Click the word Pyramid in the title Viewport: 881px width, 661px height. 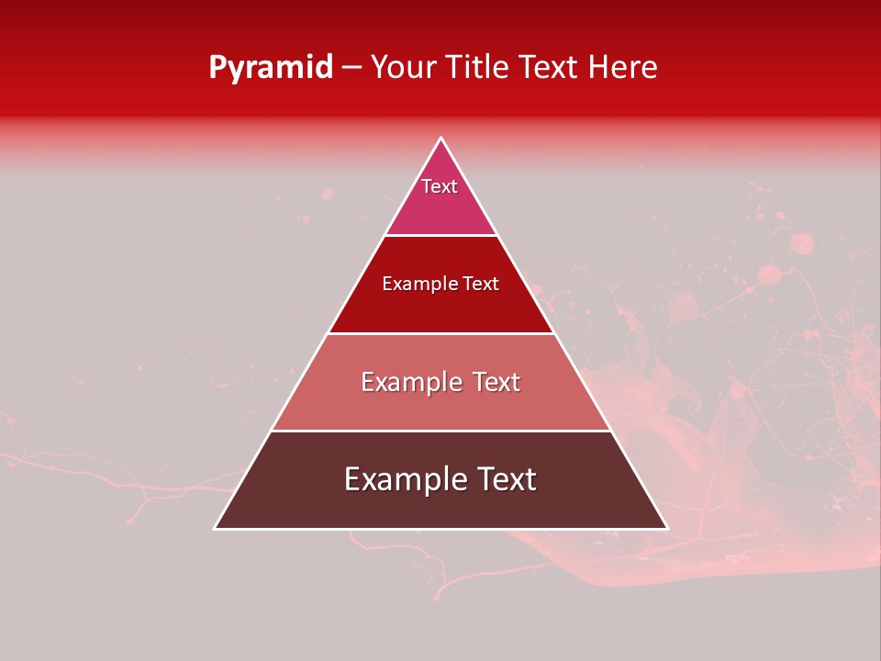point(270,68)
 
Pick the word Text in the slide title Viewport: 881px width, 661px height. point(549,67)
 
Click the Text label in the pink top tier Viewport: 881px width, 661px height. point(440,186)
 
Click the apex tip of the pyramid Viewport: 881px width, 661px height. point(441,139)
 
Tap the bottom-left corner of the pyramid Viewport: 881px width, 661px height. point(216,528)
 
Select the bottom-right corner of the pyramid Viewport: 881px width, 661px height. point(667,528)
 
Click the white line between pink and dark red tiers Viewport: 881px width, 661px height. point(441,235)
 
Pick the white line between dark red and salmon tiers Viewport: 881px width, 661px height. point(441,333)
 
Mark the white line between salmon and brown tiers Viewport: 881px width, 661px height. point(441,431)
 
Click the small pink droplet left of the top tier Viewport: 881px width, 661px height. point(326,193)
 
